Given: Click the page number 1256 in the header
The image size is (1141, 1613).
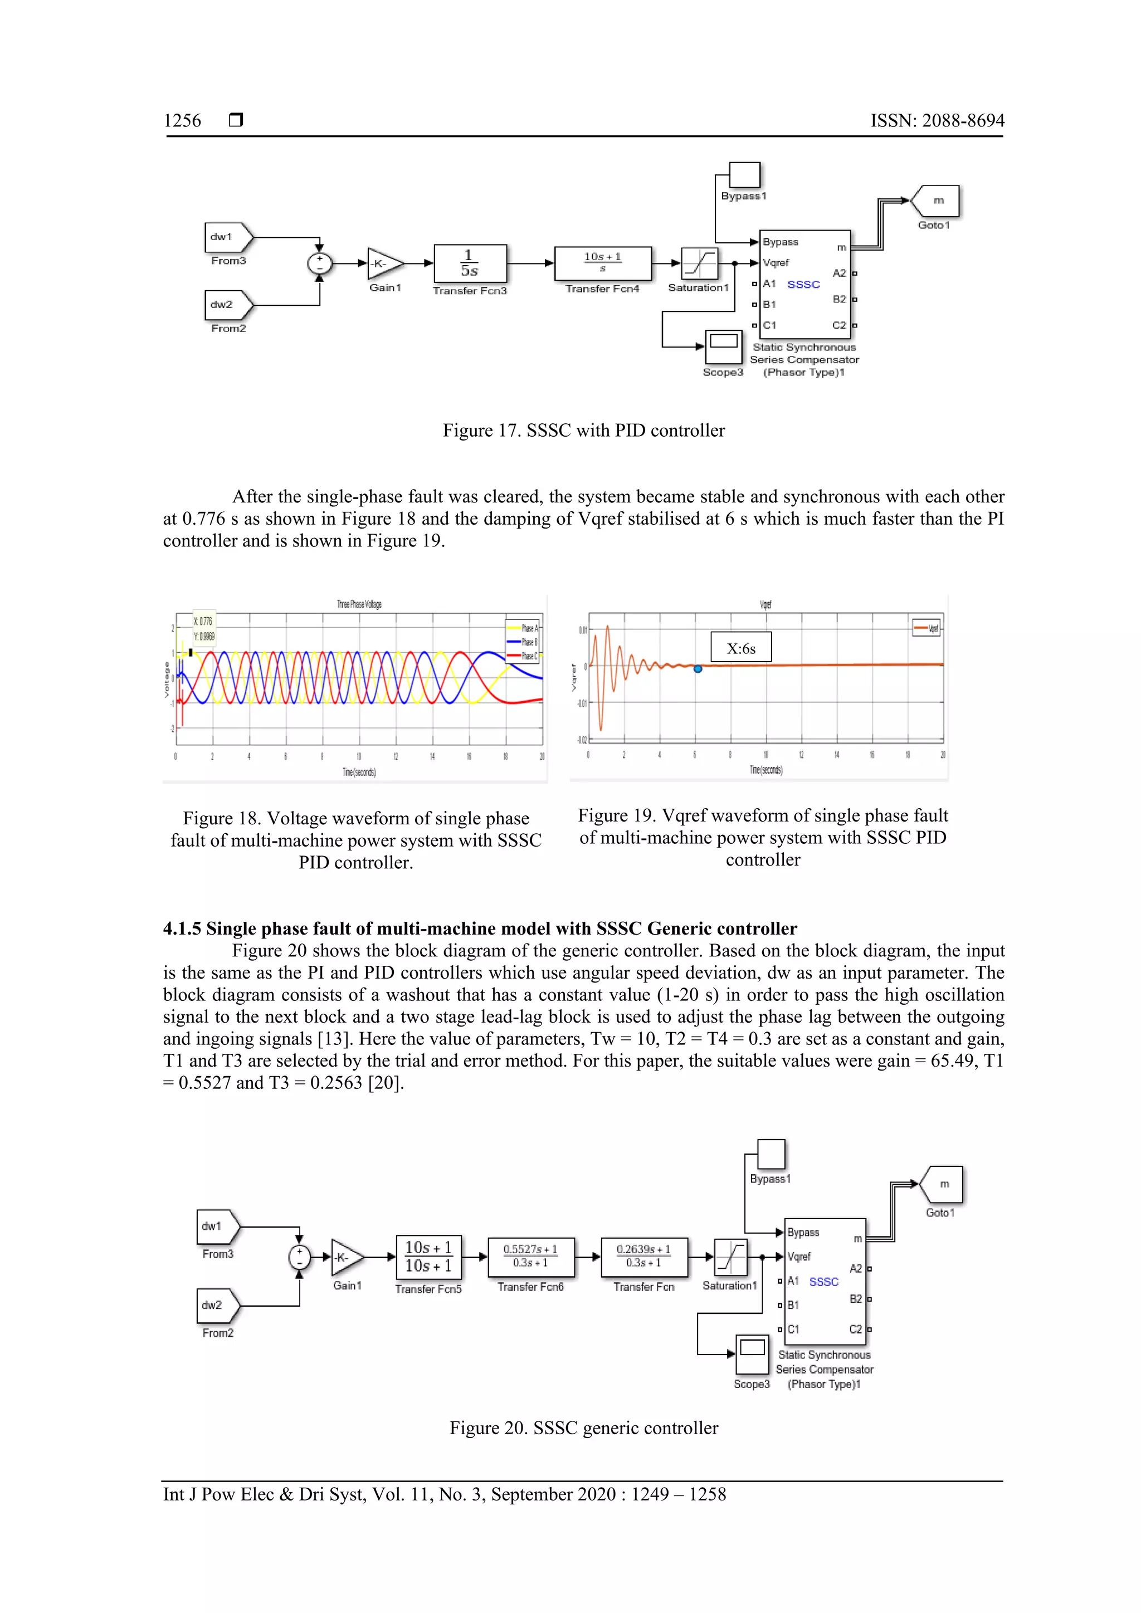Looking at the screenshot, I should [x=182, y=121].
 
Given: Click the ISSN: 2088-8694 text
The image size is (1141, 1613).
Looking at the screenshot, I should [x=937, y=121].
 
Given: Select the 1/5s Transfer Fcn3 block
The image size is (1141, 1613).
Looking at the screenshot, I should [x=469, y=263].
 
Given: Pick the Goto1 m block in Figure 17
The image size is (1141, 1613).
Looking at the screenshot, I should [x=937, y=201].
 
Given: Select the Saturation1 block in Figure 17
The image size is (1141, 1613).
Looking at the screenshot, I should [x=699, y=263].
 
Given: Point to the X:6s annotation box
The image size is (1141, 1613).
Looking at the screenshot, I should [x=740, y=647].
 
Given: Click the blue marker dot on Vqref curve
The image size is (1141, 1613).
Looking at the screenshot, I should [x=698, y=669].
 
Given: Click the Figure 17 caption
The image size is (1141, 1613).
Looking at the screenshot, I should [x=583, y=431].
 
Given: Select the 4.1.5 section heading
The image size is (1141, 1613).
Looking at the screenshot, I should [x=479, y=928].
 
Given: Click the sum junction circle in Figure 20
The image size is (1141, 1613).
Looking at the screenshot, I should [x=299, y=1257].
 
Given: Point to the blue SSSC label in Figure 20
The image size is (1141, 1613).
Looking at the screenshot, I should [x=823, y=1282].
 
